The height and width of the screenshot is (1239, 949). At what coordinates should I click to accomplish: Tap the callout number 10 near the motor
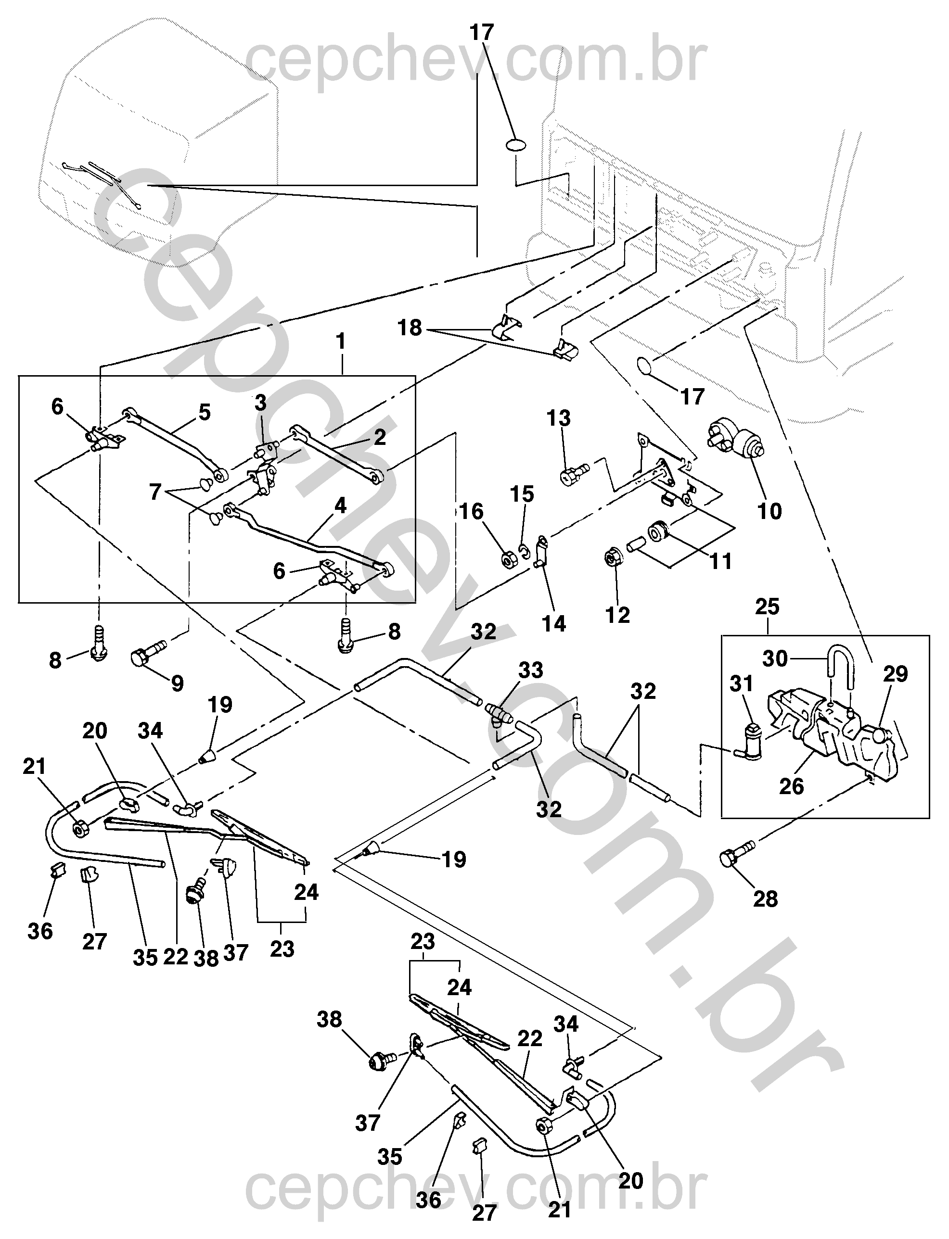pos(769,511)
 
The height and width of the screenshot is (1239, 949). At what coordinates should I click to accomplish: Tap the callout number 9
pos(178,683)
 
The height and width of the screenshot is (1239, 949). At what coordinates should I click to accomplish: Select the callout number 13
pos(559,418)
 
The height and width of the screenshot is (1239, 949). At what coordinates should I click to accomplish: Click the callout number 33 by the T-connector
pos(530,670)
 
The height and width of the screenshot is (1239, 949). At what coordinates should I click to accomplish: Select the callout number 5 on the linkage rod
pos(205,412)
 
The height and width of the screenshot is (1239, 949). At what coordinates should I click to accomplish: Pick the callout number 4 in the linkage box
pos(340,506)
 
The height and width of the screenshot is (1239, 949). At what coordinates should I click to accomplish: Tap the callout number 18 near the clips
pos(410,328)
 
